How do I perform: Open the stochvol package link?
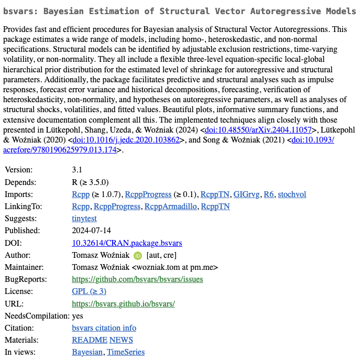[292, 194]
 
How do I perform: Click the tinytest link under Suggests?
[84, 219]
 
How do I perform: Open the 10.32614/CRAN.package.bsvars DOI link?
[127, 243]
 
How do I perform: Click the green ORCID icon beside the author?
[138, 256]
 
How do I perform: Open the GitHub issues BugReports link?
[137, 279]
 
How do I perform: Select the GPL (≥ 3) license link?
[89, 291]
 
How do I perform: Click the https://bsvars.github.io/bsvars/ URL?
[123, 304]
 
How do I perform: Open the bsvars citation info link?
[104, 328]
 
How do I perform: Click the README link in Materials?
[89, 340]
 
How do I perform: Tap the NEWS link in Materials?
[121, 340]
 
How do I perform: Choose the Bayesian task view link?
[88, 352]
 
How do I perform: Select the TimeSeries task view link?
[126, 352]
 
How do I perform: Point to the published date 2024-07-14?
[91, 231]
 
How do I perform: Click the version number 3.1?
[77, 170]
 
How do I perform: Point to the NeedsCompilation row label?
[37, 316]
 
